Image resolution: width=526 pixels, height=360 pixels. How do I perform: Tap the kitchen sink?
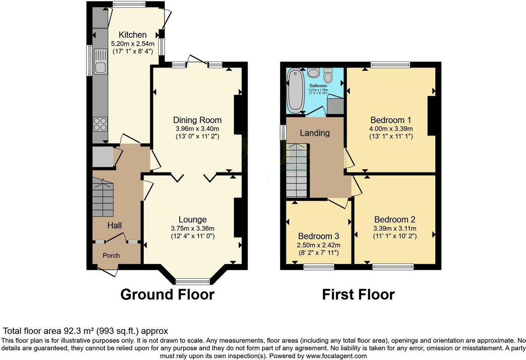point(100,67)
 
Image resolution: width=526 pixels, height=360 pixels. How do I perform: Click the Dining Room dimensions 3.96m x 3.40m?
point(197,129)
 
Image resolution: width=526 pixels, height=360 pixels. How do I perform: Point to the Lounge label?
point(192,219)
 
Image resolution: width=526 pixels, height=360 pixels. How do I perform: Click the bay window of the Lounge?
point(192,281)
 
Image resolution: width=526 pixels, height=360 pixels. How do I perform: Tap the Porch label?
point(111,255)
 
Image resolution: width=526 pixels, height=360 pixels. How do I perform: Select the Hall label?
point(114,225)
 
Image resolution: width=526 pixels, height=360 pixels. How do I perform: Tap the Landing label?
point(315,133)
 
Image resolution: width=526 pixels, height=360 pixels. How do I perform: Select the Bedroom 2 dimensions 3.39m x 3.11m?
point(394,228)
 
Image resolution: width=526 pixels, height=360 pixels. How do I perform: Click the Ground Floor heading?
point(167,294)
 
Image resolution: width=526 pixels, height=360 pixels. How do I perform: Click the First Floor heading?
point(358,294)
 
